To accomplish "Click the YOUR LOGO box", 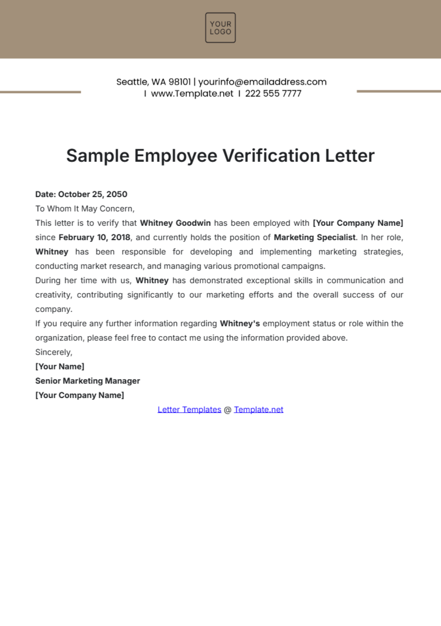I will pos(220,28).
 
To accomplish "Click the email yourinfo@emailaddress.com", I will pos(262,82).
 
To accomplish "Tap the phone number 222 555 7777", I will pos(273,93).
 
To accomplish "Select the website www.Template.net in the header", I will pos(192,93).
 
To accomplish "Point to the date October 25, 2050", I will pos(93,194).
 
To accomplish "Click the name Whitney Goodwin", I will pos(175,223).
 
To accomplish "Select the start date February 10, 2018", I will pos(94,237).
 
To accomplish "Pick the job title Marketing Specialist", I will pos(315,237).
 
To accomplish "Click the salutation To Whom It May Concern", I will pos(85,209).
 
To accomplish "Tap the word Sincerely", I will pos(54,352).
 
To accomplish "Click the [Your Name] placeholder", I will pos(60,367).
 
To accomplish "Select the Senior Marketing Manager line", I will pos(87,381).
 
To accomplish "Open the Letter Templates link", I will pos(189,410).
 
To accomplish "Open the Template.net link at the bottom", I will pos(258,410).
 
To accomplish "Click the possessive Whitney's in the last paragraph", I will pos(240,323).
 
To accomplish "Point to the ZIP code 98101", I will pos(180,82).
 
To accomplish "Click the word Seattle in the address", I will pos(132,82).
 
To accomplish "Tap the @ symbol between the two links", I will pos(227,410).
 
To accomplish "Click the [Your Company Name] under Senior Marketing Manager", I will pos(79,395).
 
